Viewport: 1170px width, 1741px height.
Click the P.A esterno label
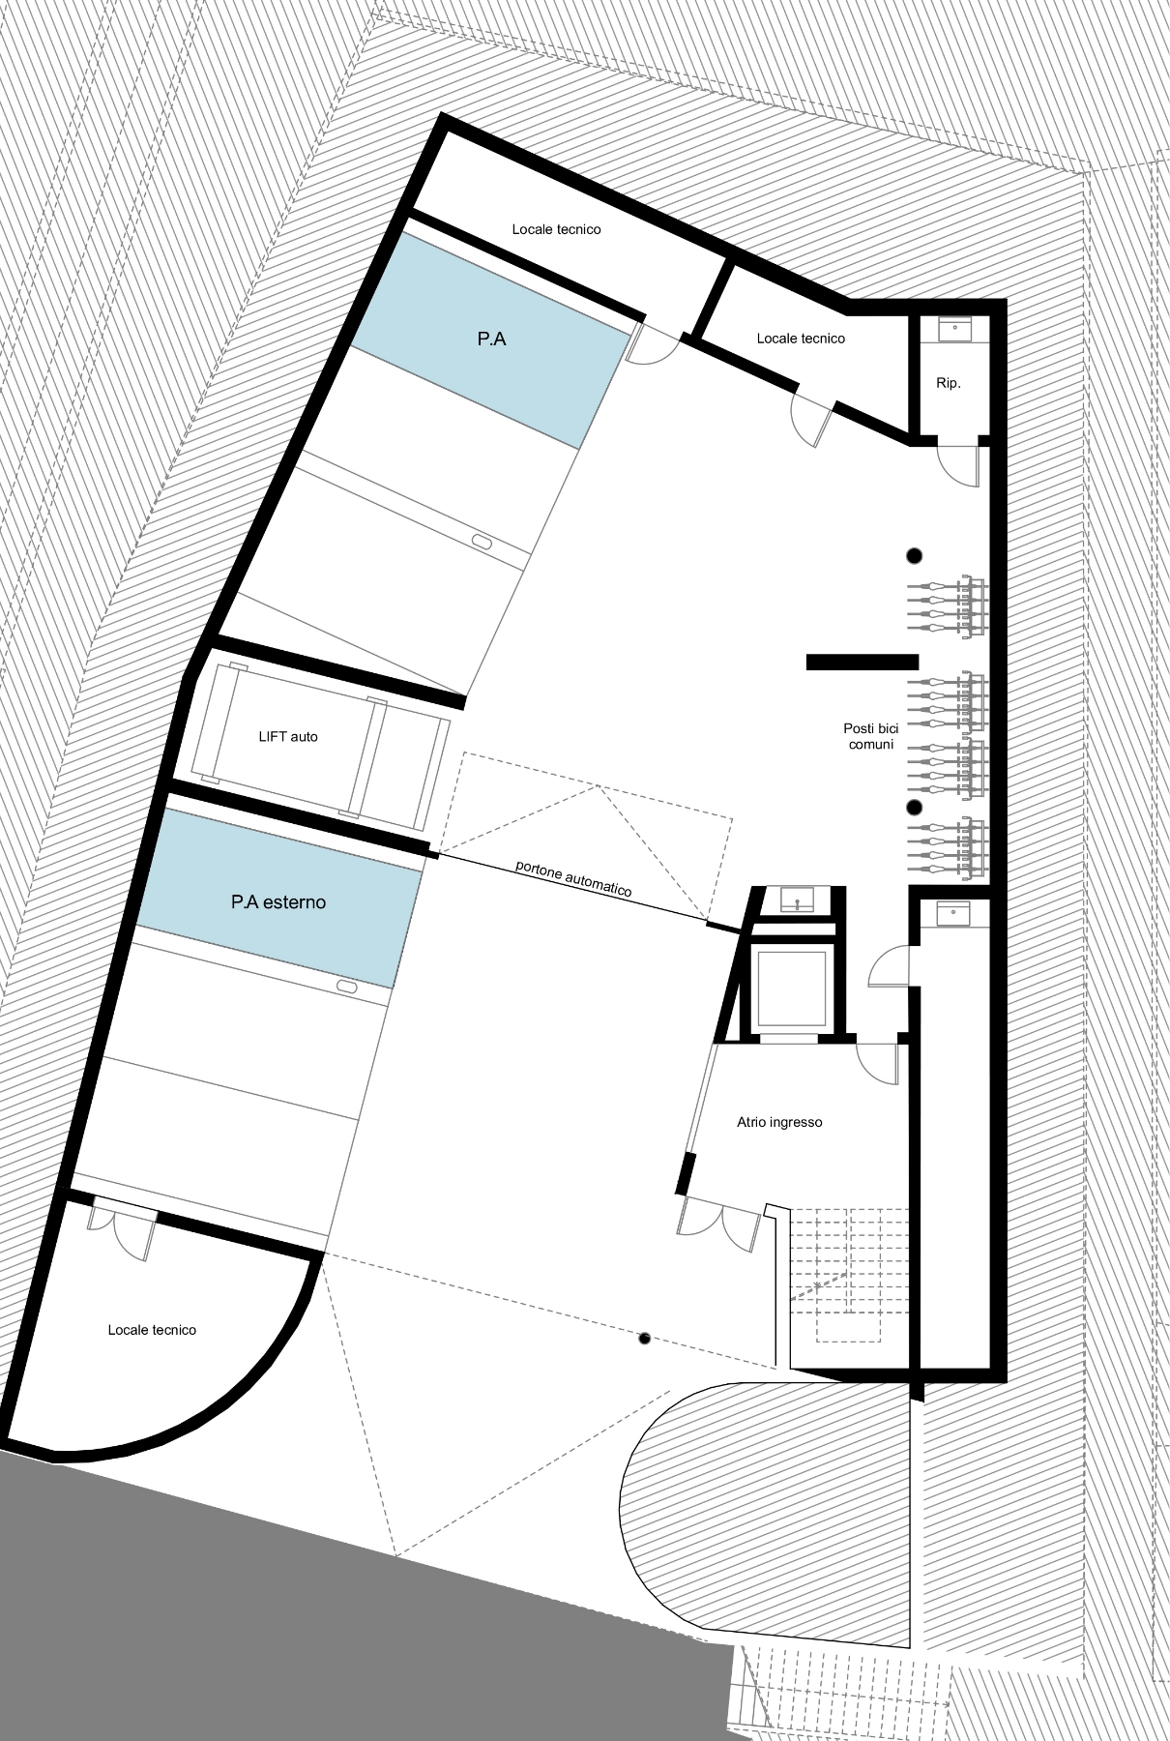(278, 902)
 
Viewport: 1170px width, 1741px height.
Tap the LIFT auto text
(288, 737)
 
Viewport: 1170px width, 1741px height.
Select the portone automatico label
(573, 878)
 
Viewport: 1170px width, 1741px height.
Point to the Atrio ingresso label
(779, 1123)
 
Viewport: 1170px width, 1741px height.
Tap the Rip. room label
(949, 384)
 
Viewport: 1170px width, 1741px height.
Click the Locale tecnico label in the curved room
(152, 1330)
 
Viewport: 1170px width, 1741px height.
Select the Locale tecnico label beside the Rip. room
(801, 339)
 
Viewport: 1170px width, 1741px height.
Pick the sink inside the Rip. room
(955, 329)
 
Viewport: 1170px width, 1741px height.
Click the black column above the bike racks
(913, 555)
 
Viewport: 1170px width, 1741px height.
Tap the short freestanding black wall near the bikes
(863, 663)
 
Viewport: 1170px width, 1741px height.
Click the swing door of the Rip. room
(960, 462)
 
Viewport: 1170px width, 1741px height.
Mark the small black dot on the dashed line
(644, 1339)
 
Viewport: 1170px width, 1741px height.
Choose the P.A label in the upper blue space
(491, 339)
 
